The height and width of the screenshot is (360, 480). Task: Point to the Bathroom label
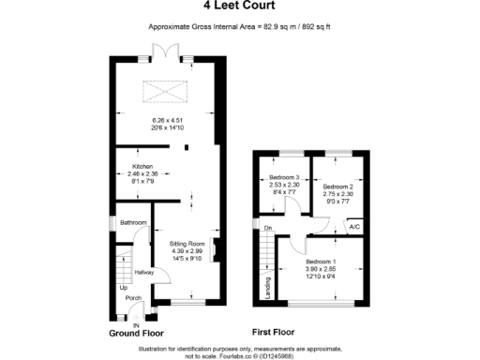[132, 223]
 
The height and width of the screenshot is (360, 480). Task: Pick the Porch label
[133, 300]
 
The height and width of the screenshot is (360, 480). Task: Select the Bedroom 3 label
[284, 178]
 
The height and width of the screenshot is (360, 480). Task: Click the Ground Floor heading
[137, 333]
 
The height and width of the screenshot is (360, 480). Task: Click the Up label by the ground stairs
[122, 288]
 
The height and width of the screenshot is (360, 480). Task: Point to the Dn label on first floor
[268, 228]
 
